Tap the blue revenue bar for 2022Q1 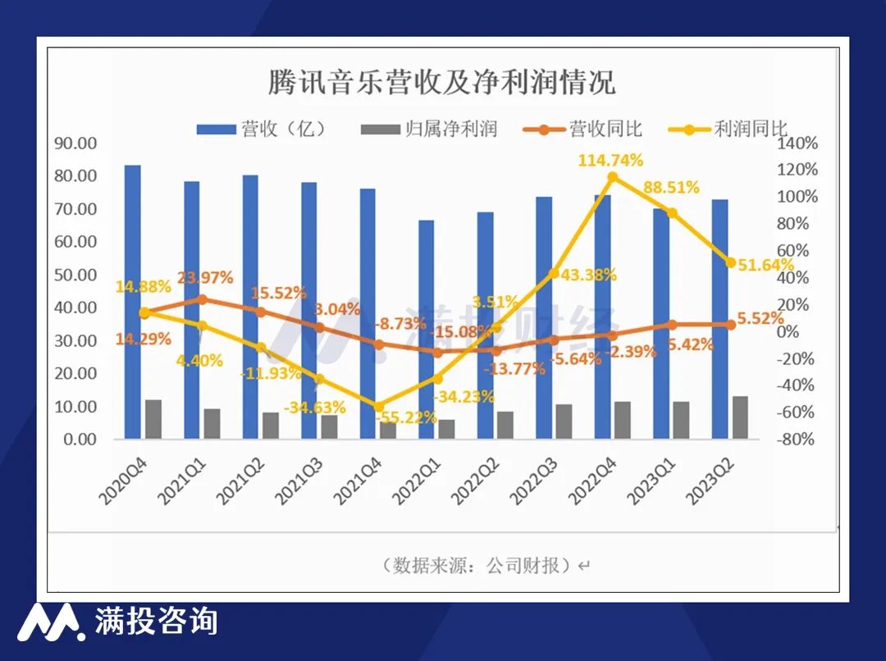(x=426, y=328)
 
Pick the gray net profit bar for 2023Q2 (x=740, y=417)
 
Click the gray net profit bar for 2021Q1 (x=212, y=423)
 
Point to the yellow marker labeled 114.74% (x=612, y=177)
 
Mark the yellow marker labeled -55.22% (x=378, y=407)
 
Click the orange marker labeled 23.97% (x=203, y=299)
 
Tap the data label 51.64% (x=766, y=264)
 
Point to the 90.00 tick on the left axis (x=75, y=143)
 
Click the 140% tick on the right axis (x=798, y=143)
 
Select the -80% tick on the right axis (x=798, y=440)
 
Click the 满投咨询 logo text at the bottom (x=156, y=621)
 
